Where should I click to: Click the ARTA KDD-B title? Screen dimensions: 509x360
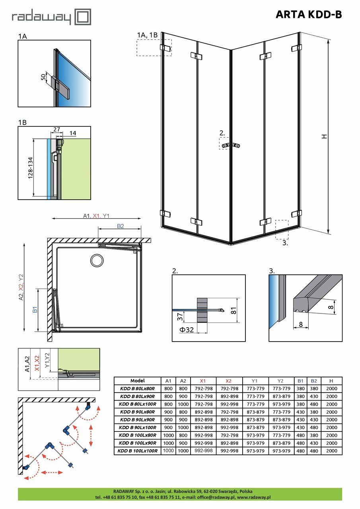click(308, 15)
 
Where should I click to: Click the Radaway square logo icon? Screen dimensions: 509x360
click(83, 17)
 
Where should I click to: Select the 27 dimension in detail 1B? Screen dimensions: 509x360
click(56, 130)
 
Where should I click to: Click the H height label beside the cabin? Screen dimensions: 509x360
click(324, 136)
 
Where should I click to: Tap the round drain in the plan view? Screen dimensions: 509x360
click(97, 260)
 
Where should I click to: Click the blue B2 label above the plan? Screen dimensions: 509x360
click(121, 226)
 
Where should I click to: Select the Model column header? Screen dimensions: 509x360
click(137, 381)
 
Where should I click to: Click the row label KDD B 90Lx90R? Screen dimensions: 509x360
click(137, 420)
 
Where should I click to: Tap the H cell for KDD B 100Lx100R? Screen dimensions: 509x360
click(331, 451)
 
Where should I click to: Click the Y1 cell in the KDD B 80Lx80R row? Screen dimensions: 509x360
click(254, 389)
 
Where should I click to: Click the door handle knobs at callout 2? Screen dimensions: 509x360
click(231, 145)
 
